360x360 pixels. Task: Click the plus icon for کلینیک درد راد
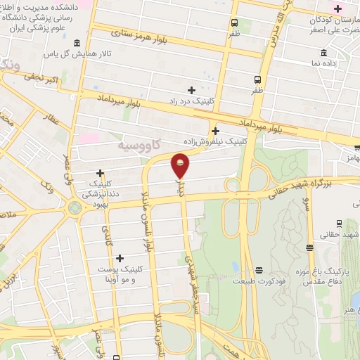[191, 89]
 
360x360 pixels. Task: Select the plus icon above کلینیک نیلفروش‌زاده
[214, 131]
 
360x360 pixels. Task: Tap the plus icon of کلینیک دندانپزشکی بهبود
[101, 173]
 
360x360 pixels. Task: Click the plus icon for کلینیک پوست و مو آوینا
[120, 258]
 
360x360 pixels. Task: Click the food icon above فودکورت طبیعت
[259, 270]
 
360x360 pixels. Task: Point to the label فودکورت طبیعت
[259, 280]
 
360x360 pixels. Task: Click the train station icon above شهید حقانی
[340, 223]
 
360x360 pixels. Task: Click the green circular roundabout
[74, 209]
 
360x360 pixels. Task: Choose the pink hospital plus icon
[338, 8]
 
